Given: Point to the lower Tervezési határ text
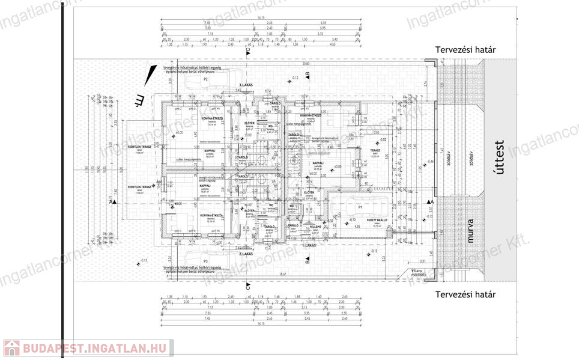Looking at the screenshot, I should point(465,294).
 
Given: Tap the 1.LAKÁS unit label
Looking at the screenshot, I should point(309,246).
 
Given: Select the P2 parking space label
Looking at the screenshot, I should point(205,79).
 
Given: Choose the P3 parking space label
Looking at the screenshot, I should point(205,261).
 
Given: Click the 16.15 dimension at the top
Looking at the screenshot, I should point(261,18).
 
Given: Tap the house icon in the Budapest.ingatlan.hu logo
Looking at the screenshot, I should point(10,348).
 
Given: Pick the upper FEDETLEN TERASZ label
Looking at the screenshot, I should point(138,146).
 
